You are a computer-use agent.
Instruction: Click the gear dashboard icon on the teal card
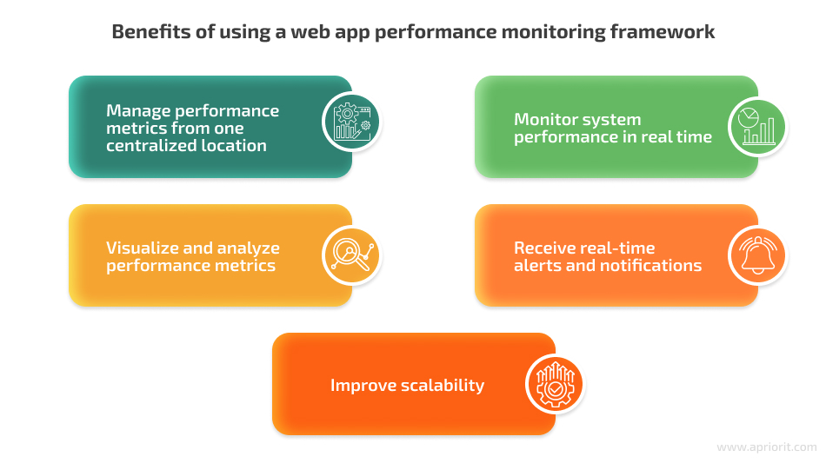tap(352, 122)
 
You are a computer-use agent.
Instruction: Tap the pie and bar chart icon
tap(757, 126)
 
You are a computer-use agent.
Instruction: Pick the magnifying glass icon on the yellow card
tap(352, 255)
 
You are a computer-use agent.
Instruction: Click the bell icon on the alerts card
tap(757, 255)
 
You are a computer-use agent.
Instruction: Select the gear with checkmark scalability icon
tap(555, 384)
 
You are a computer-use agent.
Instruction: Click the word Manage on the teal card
tap(138, 111)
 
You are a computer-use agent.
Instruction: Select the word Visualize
tap(140, 248)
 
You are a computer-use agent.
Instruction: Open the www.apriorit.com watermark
tap(767, 447)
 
